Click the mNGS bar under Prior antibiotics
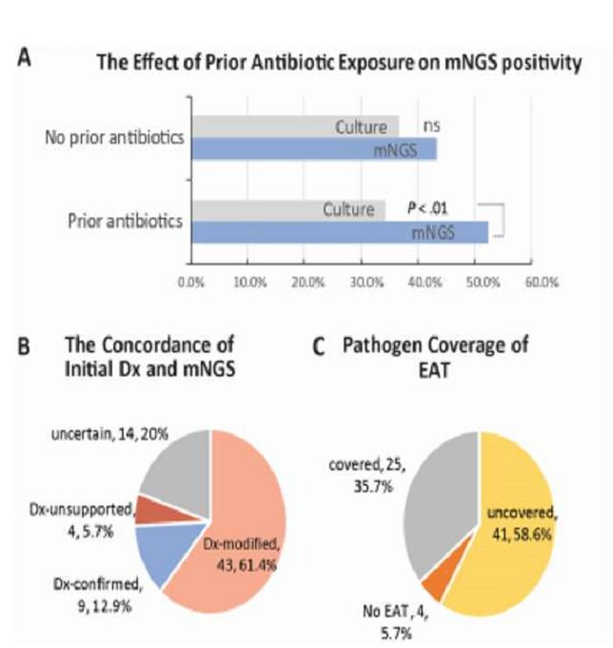click(338, 232)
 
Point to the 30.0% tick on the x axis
click(363, 283)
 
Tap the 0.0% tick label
click(190, 283)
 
